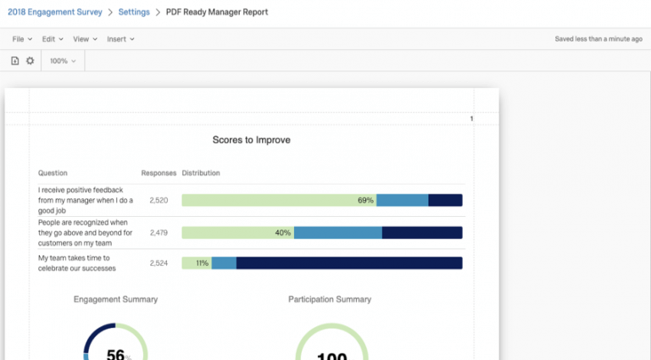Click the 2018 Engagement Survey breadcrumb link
point(55,12)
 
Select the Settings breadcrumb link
point(134,12)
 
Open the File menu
point(22,39)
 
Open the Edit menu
point(53,39)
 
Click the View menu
point(85,39)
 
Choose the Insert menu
point(120,39)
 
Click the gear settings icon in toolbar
point(31,61)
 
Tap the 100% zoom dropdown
point(63,61)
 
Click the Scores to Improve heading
point(251,140)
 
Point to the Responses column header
point(159,173)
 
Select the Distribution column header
point(201,173)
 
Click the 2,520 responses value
point(159,201)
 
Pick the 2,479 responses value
point(159,232)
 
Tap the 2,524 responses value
point(159,263)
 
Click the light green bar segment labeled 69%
point(279,201)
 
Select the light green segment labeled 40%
point(238,232)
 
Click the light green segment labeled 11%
point(197,263)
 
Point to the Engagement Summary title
point(115,299)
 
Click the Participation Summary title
point(330,299)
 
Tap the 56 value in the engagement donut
point(115,354)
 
